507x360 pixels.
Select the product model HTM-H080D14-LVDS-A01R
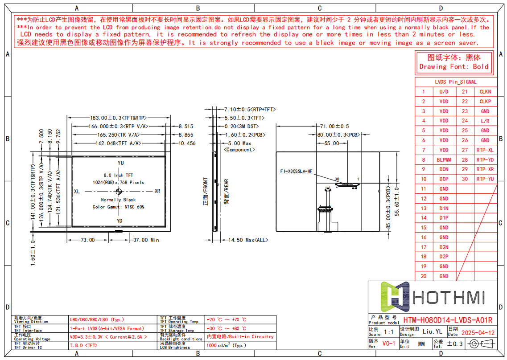[x=448, y=320]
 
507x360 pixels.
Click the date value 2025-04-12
[x=478, y=333]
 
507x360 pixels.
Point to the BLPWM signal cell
[x=444, y=160]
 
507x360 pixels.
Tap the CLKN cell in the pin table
[x=485, y=91]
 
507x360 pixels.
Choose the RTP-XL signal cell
[x=485, y=150]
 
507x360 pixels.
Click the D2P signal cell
[x=444, y=257]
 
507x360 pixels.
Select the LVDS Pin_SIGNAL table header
[x=456, y=82]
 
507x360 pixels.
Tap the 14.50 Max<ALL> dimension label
[x=248, y=240]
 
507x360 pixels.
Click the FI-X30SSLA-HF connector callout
[x=296, y=171]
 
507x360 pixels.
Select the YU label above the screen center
[x=120, y=164]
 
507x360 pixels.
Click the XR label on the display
[x=157, y=191]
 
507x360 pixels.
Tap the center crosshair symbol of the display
[x=119, y=192]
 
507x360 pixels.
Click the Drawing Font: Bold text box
[x=454, y=62]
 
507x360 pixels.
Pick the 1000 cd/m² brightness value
[x=226, y=345]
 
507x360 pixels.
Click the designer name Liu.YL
[x=432, y=332]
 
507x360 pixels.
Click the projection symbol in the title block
[x=484, y=344]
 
